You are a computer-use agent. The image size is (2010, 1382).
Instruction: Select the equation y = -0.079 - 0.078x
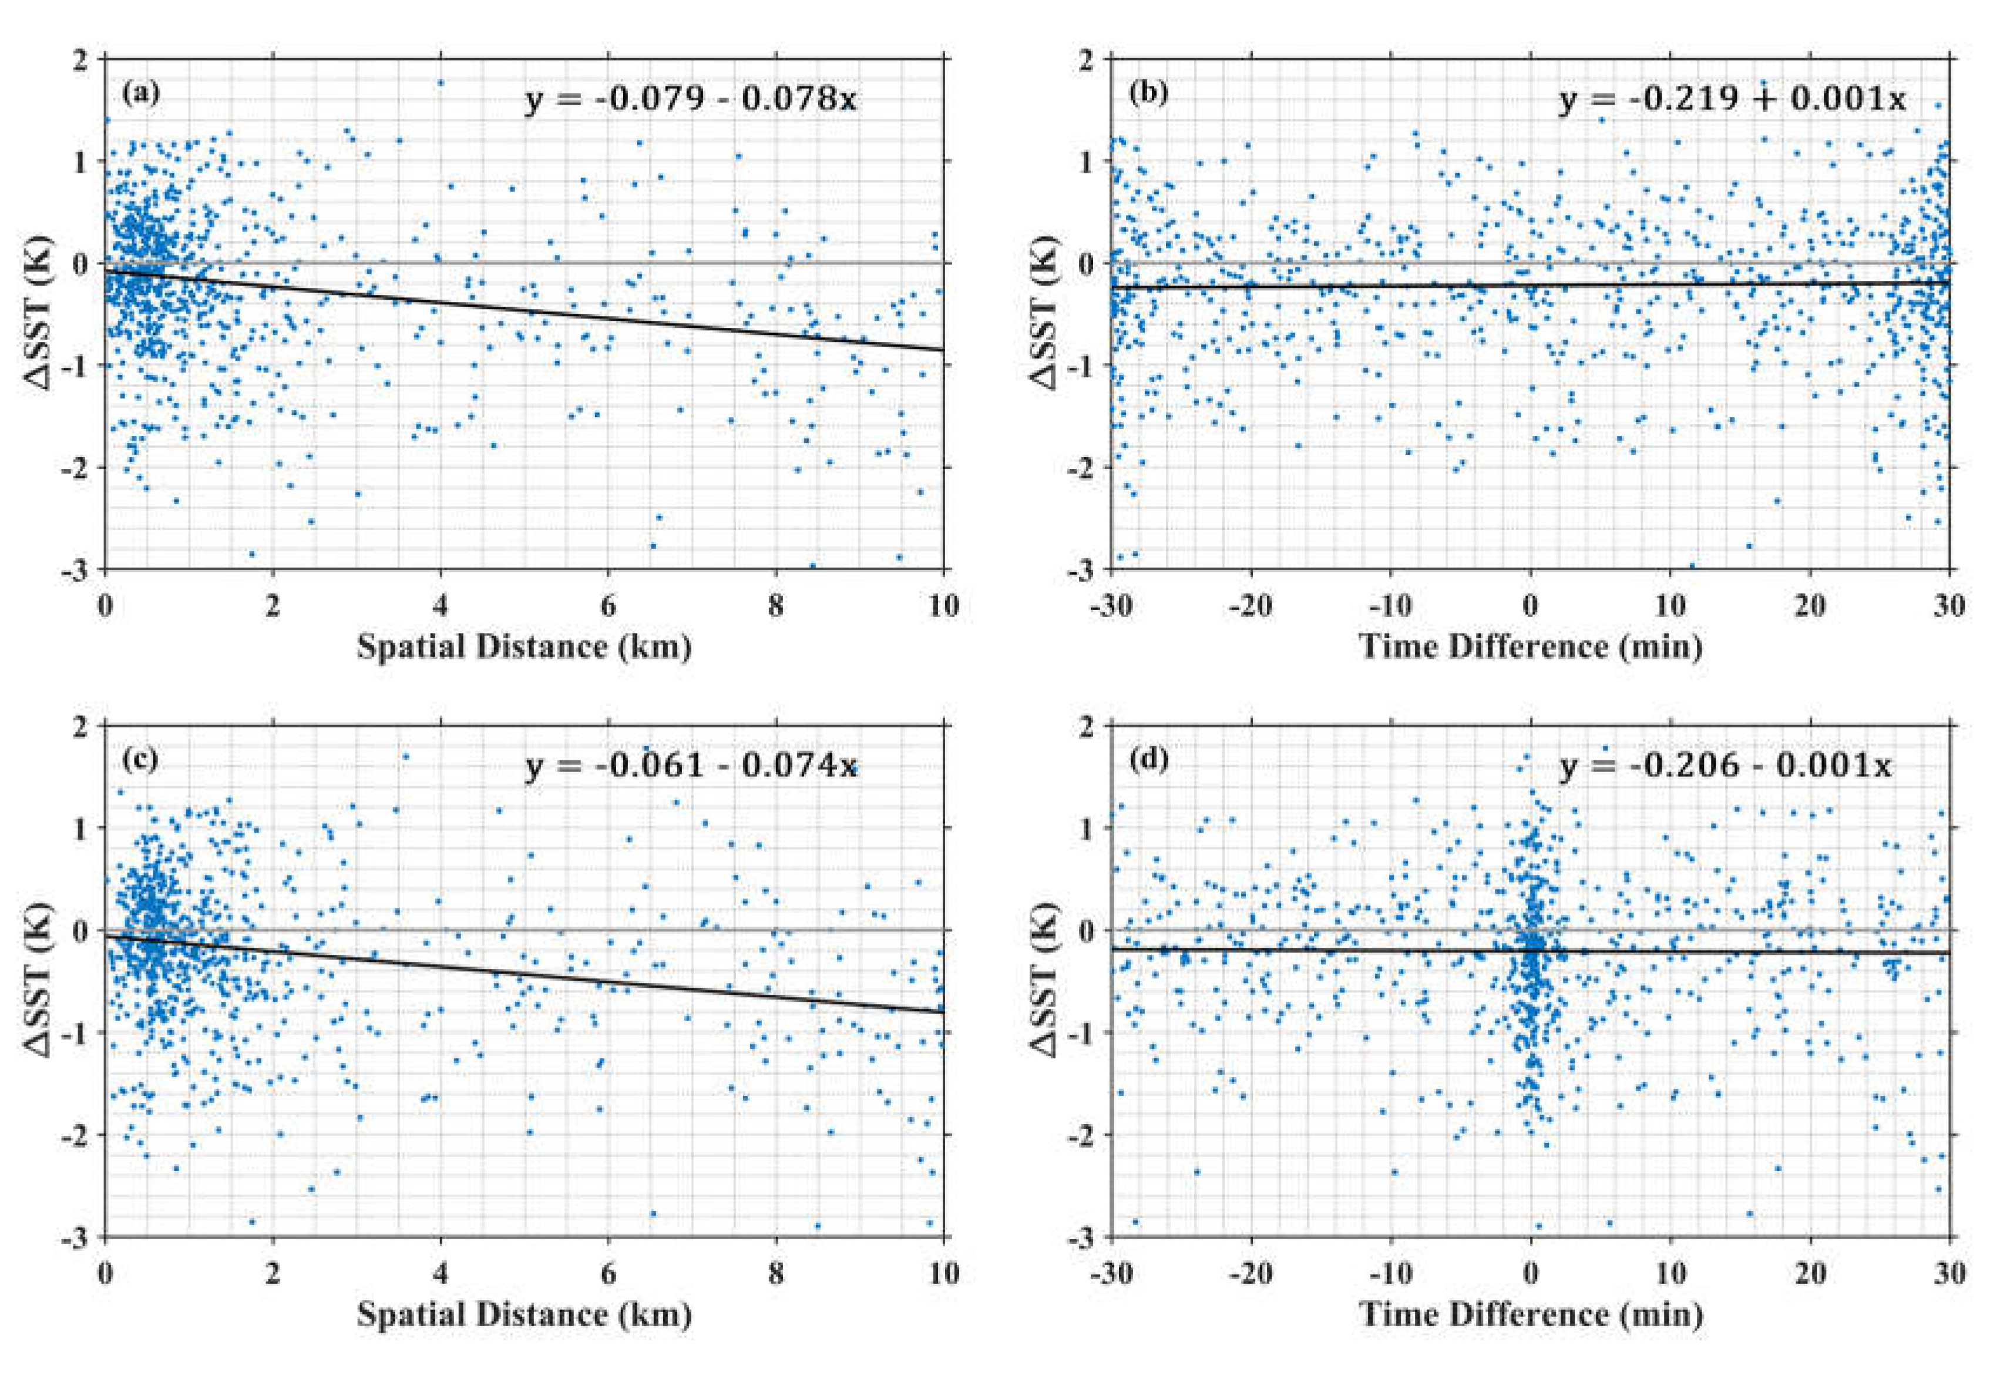click(x=690, y=100)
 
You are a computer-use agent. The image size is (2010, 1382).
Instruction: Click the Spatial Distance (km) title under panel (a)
click(x=524, y=647)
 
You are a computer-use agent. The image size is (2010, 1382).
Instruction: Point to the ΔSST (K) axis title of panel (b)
click(x=1048, y=313)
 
